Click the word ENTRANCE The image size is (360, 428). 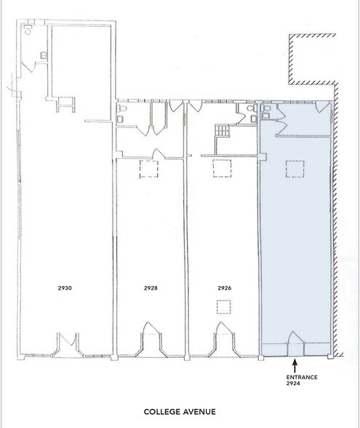click(295, 376)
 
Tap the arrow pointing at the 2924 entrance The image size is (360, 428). click(295, 363)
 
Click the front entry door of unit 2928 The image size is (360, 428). click(151, 336)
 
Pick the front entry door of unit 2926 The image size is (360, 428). click(223, 336)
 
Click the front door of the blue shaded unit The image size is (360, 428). click(295, 340)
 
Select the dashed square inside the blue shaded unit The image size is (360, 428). click(295, 169)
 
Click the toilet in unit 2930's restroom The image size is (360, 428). click(28, 31)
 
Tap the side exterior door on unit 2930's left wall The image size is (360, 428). click(10, 87)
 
